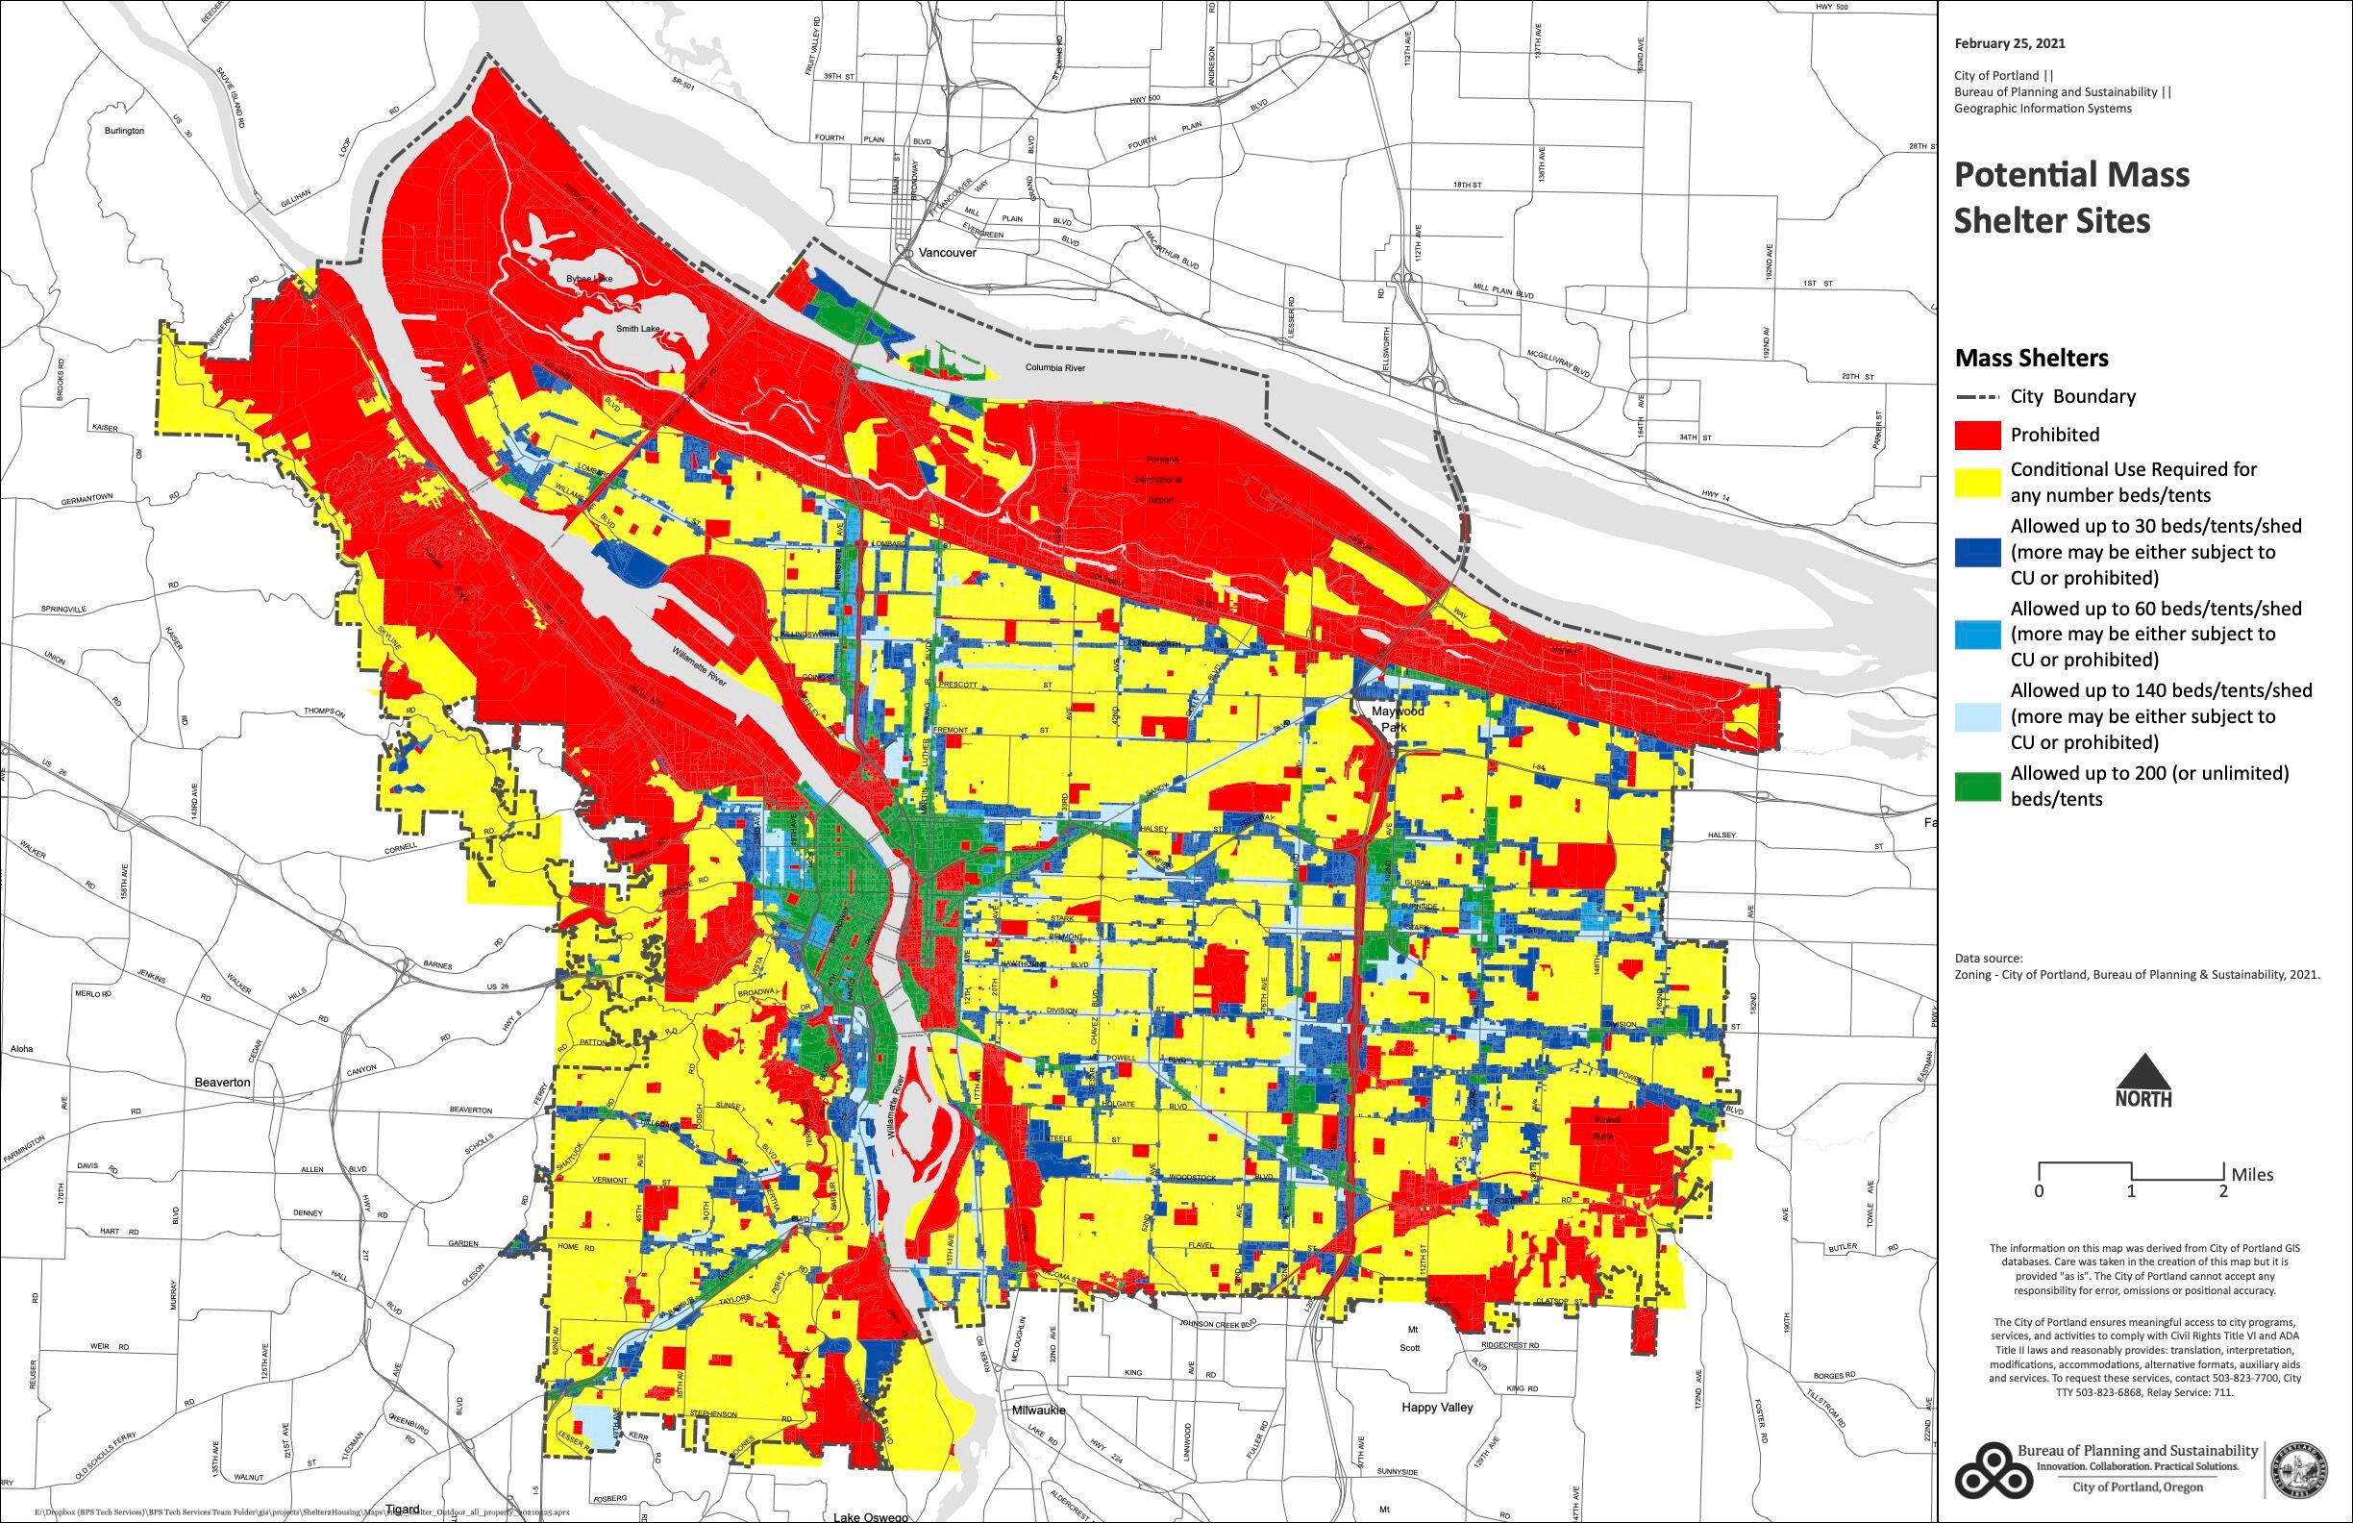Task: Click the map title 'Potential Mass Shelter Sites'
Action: [x=2071, y=197]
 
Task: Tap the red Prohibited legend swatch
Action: [x=1976, y=436]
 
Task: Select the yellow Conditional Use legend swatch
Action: [x=1976, y=482]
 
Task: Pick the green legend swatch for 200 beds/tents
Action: [x=1976, y=786]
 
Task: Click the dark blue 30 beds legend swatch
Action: [x=1976, y=553]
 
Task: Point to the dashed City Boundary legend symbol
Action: [x=1976, y=397]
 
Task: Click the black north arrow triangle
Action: [x=2142, y=1072]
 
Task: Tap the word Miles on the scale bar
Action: [x=2252, y=1175]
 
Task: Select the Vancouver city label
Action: [x=946, y=253]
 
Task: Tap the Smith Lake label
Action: [x=636, y=328]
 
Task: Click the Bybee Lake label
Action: [x=589, y=280]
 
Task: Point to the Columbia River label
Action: [x=1053, y=368]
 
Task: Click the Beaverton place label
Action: [x=222, y=1083]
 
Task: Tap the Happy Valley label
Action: [x=1437, y=1408]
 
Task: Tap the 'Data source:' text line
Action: [x=1988, y=959]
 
